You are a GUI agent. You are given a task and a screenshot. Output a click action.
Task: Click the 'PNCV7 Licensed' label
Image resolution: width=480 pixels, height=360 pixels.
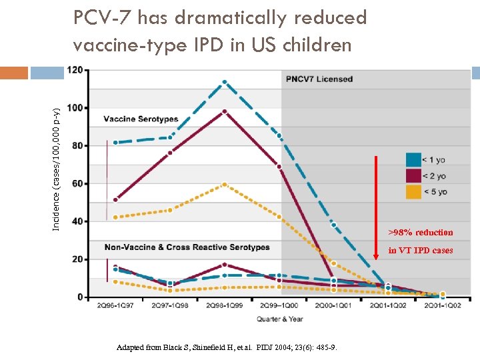point(319,79)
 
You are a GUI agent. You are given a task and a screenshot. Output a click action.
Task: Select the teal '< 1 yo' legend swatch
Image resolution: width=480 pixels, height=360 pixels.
point(413,160)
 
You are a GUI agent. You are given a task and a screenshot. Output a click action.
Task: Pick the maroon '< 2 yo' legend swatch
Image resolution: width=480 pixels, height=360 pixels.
point(413,176)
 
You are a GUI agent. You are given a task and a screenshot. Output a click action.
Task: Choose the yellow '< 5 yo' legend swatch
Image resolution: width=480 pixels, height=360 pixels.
point(413,192)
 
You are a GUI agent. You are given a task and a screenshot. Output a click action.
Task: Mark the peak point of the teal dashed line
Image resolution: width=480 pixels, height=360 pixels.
point(225,82)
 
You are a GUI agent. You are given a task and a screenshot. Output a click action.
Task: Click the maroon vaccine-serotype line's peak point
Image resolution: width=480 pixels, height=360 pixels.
point(225,111)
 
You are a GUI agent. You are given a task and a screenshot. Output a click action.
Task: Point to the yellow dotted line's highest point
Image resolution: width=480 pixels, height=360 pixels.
point(225,184)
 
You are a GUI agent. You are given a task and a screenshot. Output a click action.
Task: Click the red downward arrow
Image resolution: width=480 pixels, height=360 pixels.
point(376,193)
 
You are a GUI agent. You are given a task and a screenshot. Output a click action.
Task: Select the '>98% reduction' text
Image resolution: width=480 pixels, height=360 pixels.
point(420,233)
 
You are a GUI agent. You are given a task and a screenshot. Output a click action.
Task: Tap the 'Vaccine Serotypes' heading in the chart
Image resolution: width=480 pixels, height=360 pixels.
point(141,119)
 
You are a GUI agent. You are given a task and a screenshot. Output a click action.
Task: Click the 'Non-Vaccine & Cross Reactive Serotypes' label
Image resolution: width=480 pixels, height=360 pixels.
point(187,247)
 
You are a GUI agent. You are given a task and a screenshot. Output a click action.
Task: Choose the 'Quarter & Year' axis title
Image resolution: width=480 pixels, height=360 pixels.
point(280,319)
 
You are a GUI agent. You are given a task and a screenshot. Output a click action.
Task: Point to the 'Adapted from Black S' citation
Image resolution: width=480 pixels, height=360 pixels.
point(227,348)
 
